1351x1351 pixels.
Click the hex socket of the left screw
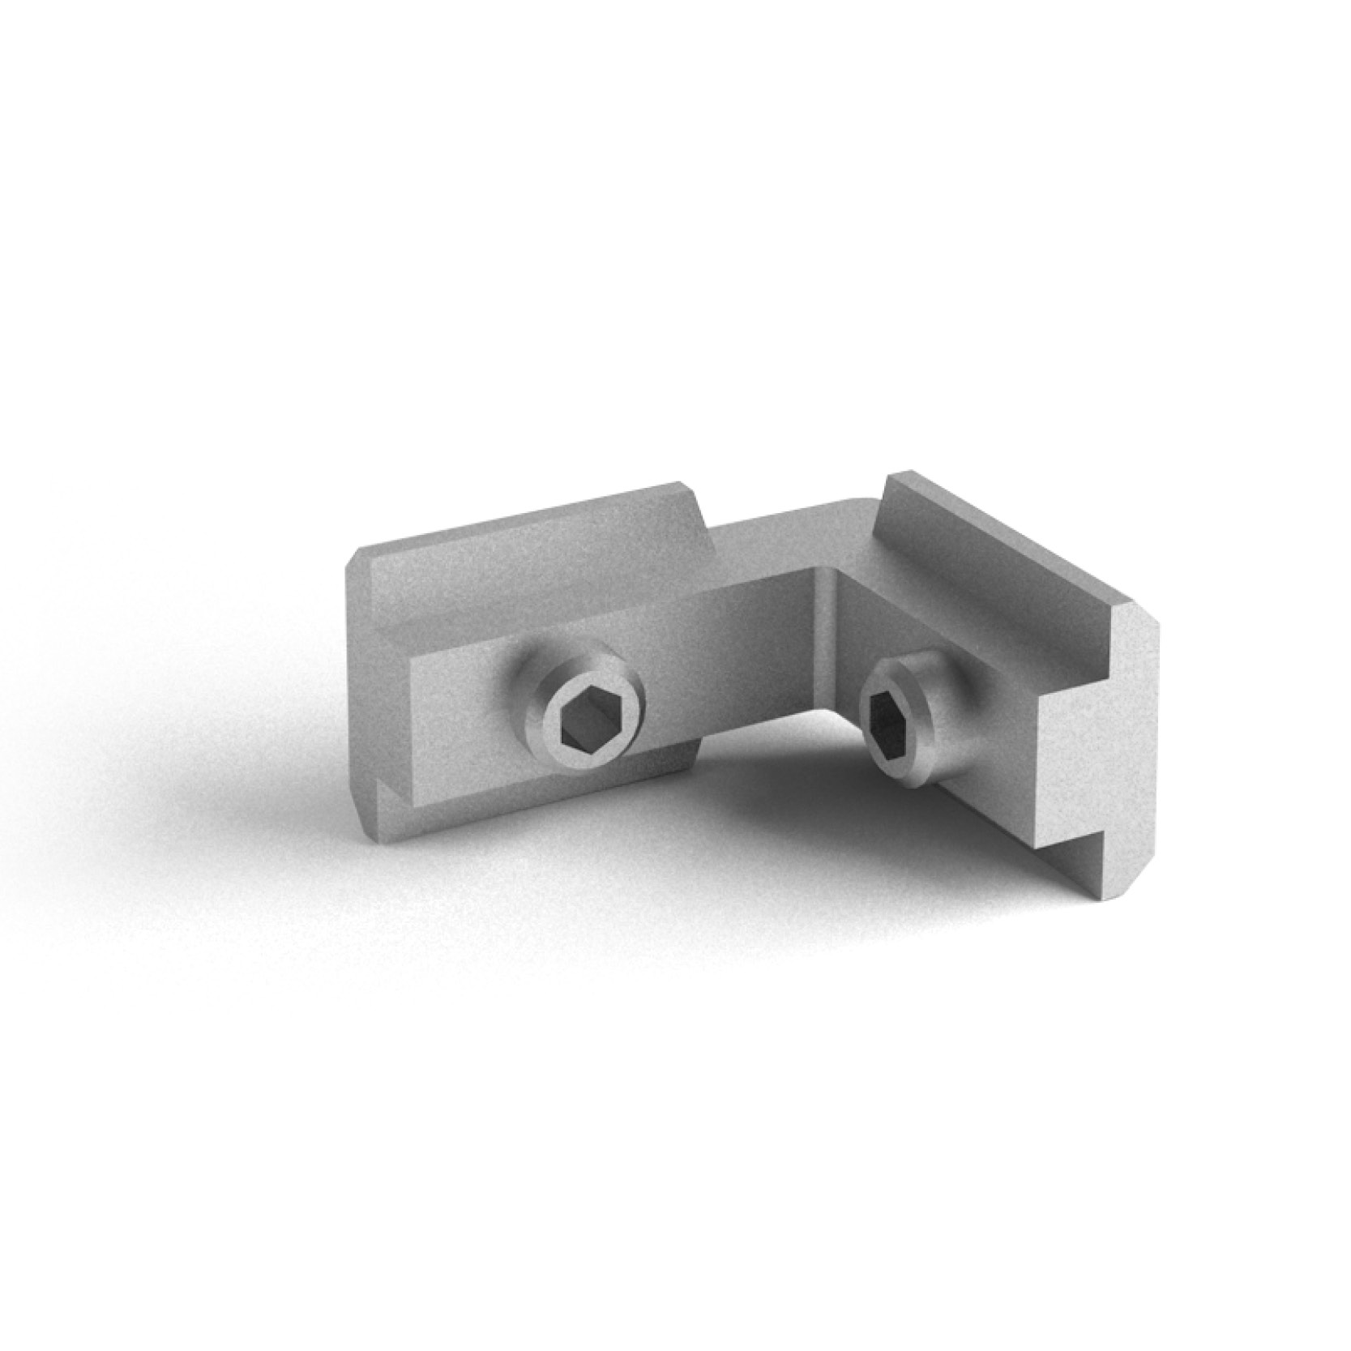click(x=585, y=720)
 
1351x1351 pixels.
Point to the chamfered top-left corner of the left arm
click(x=357, y=559)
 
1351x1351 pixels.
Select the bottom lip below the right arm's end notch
click(x=1086, y=875)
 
